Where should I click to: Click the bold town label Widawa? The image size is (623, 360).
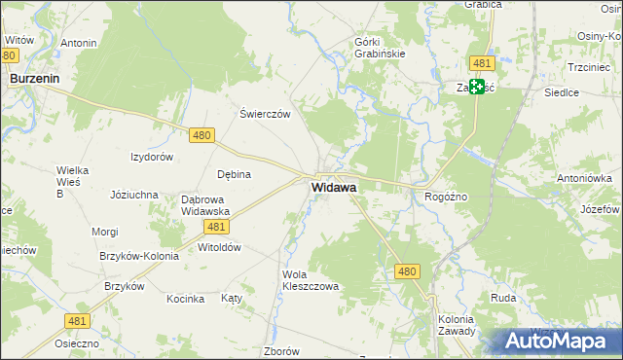point(334,187)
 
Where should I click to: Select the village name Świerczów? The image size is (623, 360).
point(266,114)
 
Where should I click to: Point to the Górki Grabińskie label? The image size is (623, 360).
point(392,47)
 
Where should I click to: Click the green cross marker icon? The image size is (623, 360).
point(478,87)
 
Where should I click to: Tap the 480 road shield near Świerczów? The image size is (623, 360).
point(202,136)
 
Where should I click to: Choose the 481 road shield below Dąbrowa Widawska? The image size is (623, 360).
point(217,227)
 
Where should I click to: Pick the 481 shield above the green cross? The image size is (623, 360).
point(481,63)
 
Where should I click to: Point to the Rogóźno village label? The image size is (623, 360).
point(447,197)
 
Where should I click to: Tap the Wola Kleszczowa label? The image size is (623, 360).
point(310,281)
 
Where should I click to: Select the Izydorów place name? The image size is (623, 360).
point(152,157)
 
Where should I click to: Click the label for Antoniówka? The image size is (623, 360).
point(584,178)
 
